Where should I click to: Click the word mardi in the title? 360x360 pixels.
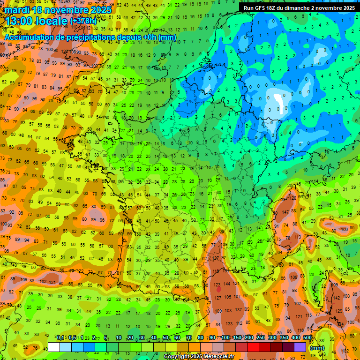point(17,9)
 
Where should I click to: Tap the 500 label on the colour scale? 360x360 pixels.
point(307,338)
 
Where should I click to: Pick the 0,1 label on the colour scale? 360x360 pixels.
point(60,338)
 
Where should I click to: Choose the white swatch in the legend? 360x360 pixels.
point(54,347)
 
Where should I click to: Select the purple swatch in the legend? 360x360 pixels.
point(300,347)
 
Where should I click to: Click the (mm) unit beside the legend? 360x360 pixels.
point(317,348)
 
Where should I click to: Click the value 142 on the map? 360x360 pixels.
point(337,298)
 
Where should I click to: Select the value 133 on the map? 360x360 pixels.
point(229,323)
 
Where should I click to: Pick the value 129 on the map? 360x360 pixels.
point(339,311)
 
